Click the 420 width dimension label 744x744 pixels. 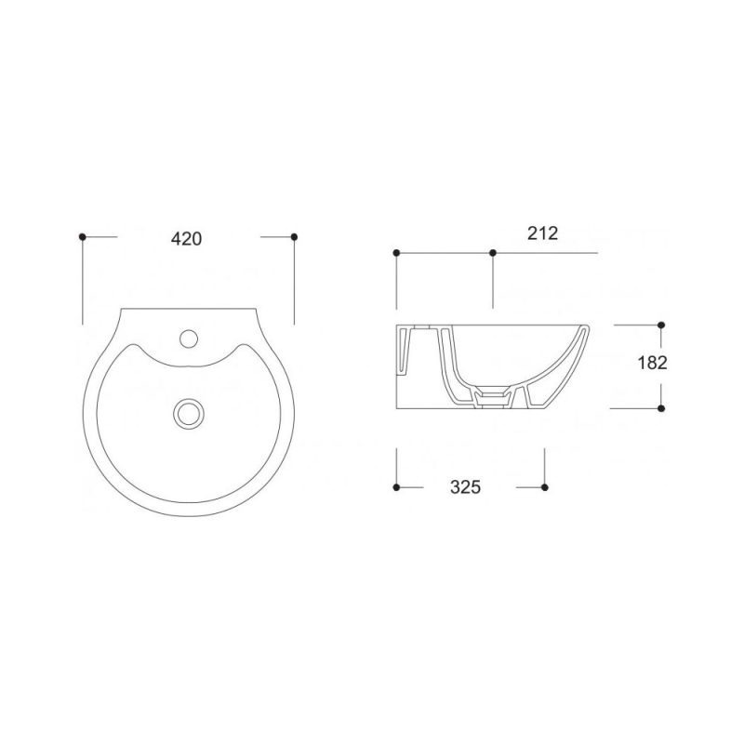pyautogui.click(x=187, y=239)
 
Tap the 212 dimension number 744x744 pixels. pyautogui.click(x=542, y=233)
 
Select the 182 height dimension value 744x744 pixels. pyautogui.click(x=653, y=363)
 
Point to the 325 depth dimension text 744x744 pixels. pyautogui.click(x=466, y=486)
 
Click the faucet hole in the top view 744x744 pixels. pyautogui.click(x=189, y=339)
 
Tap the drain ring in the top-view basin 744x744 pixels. pyautogui.click(x=189, y=413)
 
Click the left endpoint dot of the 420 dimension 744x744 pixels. pyautogui.click(x=83, y=236)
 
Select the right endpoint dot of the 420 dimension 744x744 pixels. pyautogui.click(x=294, y=236)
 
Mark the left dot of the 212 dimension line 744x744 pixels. pyautogui.click(x=397, y=253)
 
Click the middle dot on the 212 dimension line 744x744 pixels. pyautogui.click(x=493, y=253)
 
